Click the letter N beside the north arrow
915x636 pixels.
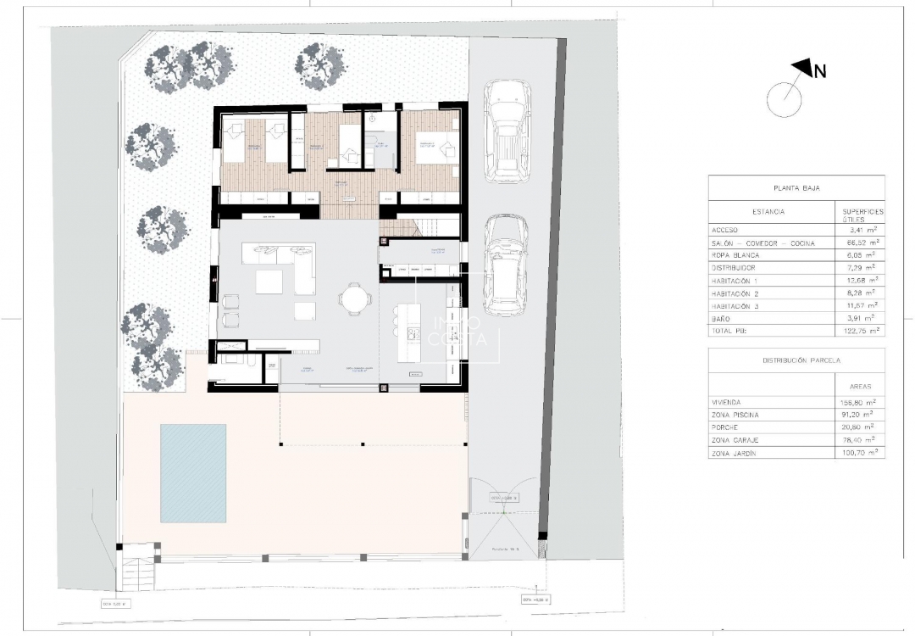819,72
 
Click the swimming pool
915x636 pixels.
193,473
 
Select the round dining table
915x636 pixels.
353,298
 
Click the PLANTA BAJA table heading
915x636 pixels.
796,188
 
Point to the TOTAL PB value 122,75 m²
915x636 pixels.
858,330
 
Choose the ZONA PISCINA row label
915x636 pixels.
736,415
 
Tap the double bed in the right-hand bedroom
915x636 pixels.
436,150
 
